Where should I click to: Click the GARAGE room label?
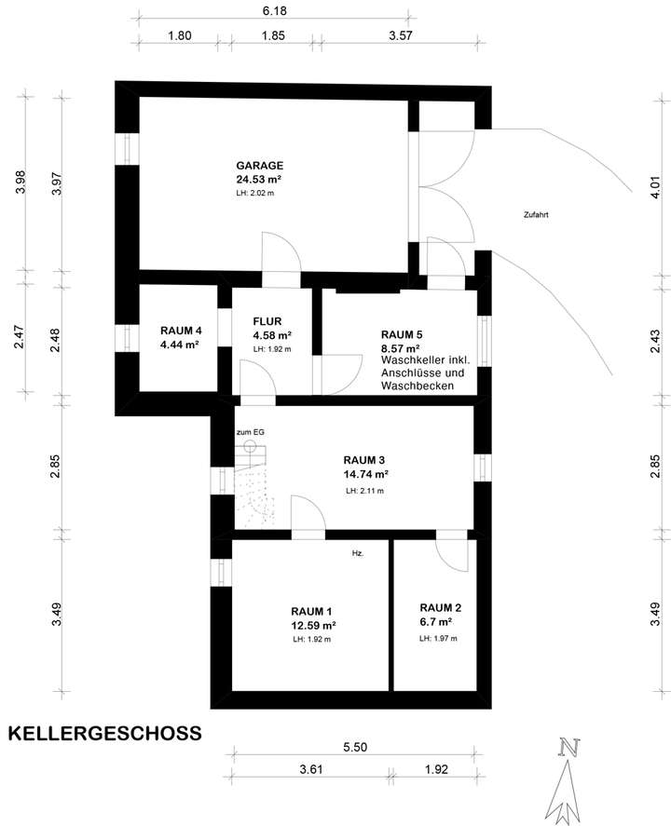tap(259, 165)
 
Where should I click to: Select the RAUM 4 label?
tap(180, 331)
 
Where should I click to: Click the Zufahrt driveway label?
tap(535, 214)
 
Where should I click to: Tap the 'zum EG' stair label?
tap(250, 432)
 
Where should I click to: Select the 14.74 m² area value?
tap(365, 473)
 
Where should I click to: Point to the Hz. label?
tap(357, 553)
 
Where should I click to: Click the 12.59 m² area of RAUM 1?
tap(313, 626)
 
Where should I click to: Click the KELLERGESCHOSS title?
tap(104, 732)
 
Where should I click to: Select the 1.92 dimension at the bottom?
tap(435, 770)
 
